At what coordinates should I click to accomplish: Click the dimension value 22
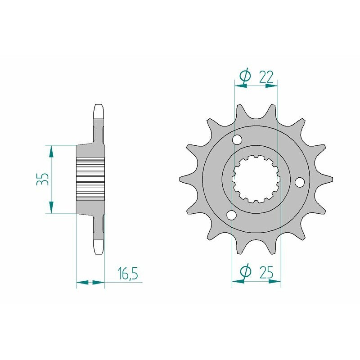coord(266,77)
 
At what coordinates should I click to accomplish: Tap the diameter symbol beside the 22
coord(244,77)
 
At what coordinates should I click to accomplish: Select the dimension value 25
coord(267,272)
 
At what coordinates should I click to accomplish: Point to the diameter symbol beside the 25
coord(245,272)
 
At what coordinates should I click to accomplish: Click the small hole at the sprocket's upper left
coord(237,141)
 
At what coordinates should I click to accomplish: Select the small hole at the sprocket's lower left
coord(231,216)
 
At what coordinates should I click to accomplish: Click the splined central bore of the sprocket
coord(256,179)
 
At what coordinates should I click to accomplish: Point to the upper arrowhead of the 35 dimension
coord(52,151)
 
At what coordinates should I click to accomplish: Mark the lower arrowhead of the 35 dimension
coord(52,207)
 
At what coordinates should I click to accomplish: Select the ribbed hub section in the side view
coord(90,179)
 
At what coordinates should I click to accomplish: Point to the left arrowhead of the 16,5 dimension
coord(81,283)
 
